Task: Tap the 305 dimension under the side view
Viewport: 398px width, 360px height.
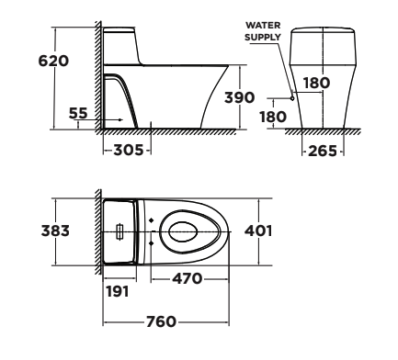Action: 125,149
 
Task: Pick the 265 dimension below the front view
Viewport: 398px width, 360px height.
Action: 322,149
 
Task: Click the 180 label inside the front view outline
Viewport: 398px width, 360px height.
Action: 317,84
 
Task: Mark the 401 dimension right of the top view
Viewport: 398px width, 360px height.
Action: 260,230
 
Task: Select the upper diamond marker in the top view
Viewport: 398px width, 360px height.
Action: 150,220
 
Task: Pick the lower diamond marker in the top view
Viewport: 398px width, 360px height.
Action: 150,243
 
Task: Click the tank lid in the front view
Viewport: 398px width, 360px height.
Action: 322,34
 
